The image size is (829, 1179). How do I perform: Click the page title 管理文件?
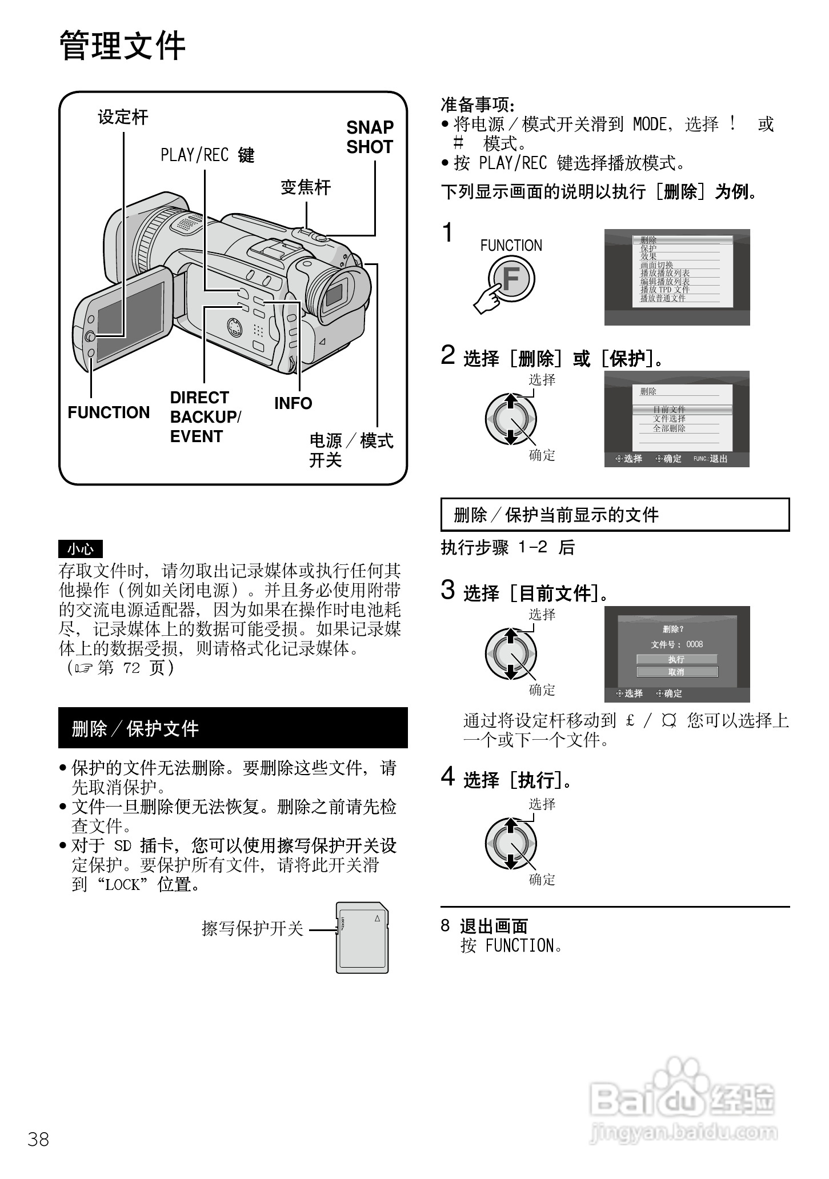(122, 46)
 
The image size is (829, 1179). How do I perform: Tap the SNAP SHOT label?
(370, 137)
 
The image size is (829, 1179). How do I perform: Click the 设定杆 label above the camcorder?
(122, 117)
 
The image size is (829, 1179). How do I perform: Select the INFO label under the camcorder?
(293, 403)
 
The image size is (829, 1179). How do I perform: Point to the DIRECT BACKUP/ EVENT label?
(205, 417)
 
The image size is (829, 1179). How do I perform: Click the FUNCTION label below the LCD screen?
(109, 412)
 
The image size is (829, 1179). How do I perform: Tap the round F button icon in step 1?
(512, 279)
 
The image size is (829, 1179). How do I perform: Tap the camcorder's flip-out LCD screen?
(129, 322)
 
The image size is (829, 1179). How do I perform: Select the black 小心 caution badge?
(81, 549)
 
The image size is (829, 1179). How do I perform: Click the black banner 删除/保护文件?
(233, 728)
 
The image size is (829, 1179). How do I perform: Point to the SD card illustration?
(362, 937)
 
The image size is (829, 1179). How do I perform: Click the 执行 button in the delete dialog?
(676, 659)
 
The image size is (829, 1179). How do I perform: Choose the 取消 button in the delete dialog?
(676, 672)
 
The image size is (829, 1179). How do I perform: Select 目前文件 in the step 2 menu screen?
(670, 409)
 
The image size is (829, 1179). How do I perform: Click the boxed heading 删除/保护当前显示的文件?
(615, 515)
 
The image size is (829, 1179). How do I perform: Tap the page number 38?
(38, 1140)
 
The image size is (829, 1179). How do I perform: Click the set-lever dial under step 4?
(510, 844)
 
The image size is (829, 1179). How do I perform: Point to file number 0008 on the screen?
(694, 644)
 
